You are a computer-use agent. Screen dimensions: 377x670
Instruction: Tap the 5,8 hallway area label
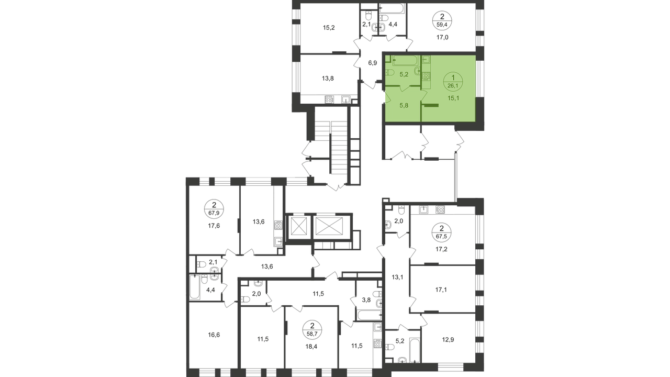(x=404, y=104)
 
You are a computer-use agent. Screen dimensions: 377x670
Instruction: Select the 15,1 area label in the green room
(x=453, y=96)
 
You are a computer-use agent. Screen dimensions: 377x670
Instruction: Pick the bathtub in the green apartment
(x=404, y=61)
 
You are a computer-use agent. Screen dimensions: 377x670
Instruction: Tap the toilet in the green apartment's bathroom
(x=390, y=73)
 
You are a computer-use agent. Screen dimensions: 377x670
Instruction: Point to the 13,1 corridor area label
(x=398, y=277)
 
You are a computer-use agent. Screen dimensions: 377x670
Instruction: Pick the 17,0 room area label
(x=442, y=38)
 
